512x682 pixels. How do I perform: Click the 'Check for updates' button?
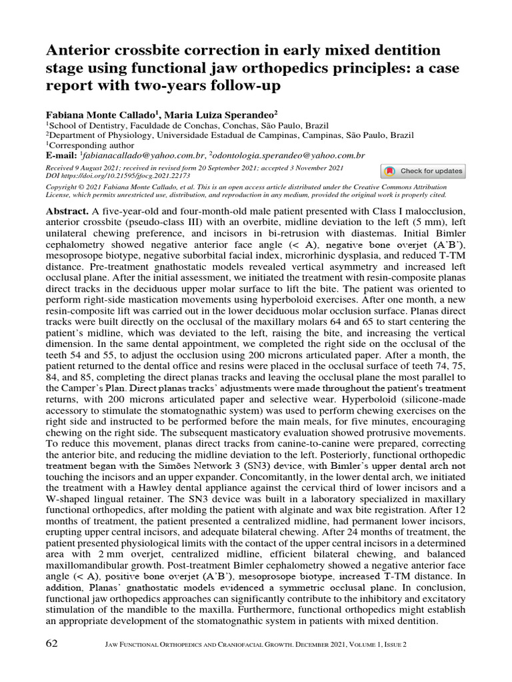tap(423, 171)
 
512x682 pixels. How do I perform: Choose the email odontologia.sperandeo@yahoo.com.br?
tap(287, 155)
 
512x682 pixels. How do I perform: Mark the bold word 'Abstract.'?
tap(67, 211)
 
